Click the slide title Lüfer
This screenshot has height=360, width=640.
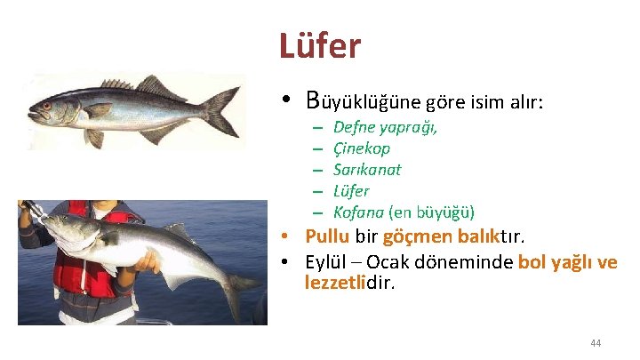pyautogui.click(x=319, y=45)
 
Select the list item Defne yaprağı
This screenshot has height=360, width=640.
pyautogui.click(x=384, y=128)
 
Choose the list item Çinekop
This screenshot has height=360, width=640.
pyautogui.click(x=361, y=148)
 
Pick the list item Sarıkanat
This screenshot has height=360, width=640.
pyautogui.click(x=366, y=170)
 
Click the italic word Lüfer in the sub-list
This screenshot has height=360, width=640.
pyautogui.click(x=350, y=191)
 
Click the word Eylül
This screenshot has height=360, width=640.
pyautogui.click(x=325, y=262)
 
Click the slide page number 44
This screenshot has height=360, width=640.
pyautogui.click(x=596, y=343)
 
